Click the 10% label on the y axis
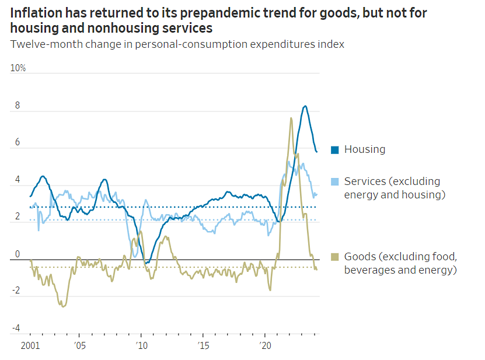coord(19,68)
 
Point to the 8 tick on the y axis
coord(18,106)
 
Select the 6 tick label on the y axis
coord(18,142)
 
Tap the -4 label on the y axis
coord(16,327)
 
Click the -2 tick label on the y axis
coord(16,291)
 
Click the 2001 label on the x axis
coord(30,345)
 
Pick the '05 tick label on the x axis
coord(79,345)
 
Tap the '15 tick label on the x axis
coord(203,345)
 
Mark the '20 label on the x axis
coord(264,345)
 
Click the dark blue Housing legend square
coord(335,149)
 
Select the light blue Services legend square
coord(335,181)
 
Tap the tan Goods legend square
coord(335,257)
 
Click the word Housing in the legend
coord(365,149)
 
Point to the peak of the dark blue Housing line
coord(305,106)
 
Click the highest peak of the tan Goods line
coord(291,118)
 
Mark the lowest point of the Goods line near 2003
coord(64,306)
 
